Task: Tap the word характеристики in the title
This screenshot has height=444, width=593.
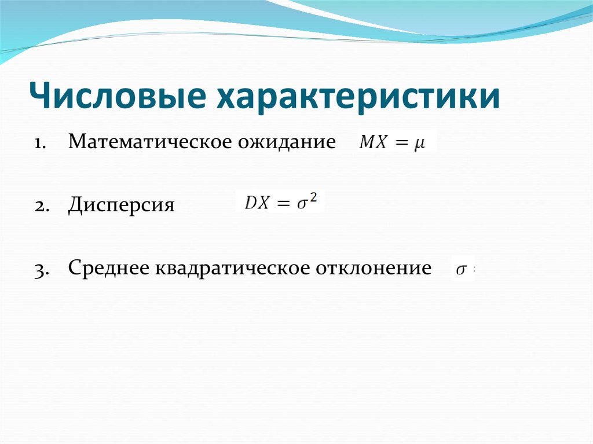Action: coord(358,96)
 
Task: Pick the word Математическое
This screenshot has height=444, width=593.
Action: coord(147,142)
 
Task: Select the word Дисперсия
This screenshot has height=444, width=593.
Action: coord(121,206)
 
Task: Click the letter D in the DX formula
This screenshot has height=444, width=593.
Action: coord(250,203)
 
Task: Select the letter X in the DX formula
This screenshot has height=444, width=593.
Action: coord(263,203)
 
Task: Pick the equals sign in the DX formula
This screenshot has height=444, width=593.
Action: coord(282,204)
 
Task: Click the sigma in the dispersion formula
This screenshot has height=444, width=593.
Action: coord(302,204)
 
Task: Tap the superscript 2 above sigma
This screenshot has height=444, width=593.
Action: coord(314,197)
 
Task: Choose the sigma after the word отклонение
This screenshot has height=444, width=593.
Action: coord(461,270)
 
